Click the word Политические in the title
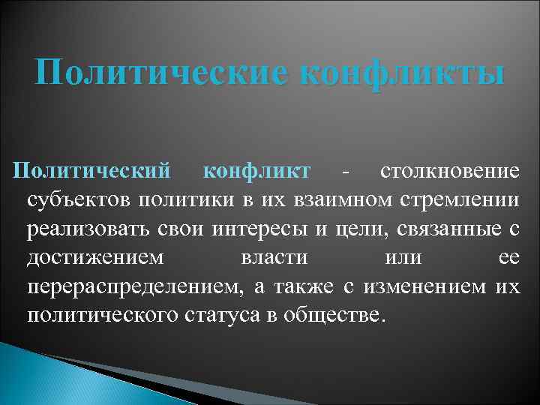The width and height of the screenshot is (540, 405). tap(157, 74)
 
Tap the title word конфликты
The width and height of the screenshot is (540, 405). tap(400, 74)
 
